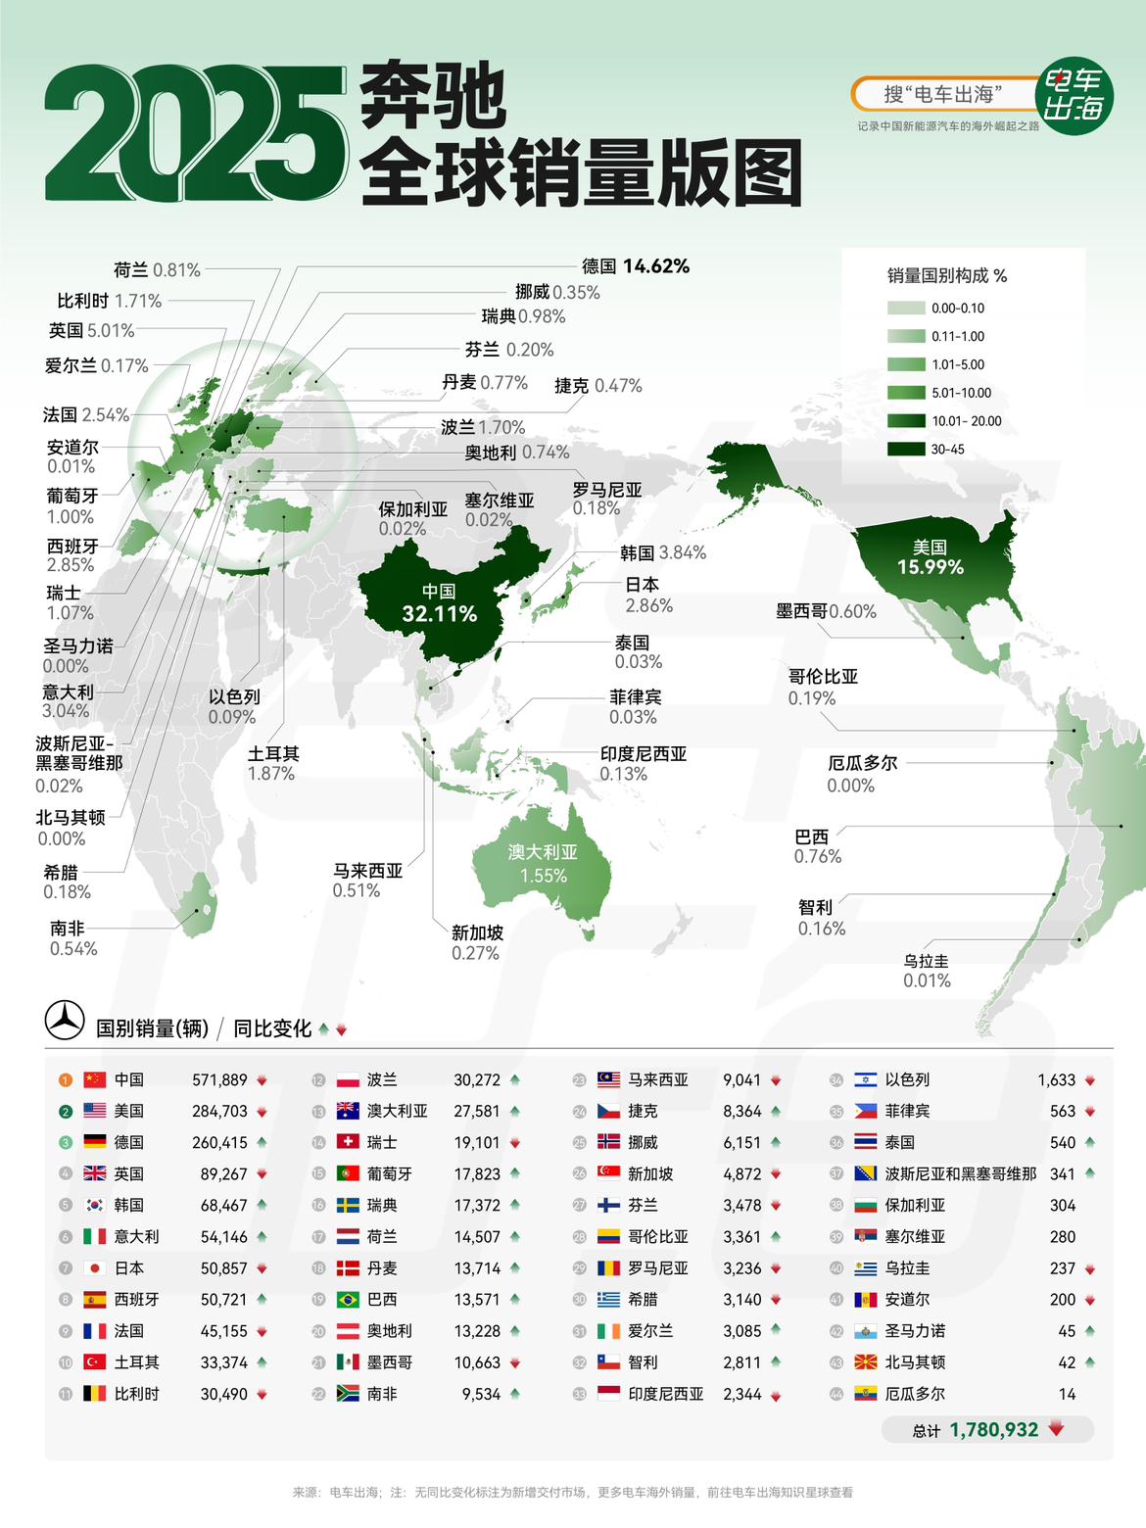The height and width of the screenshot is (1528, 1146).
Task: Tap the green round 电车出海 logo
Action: coord(1074,95)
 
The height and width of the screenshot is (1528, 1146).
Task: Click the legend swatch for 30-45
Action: coord(906,450)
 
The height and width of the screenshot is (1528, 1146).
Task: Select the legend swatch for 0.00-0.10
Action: coord(906,308)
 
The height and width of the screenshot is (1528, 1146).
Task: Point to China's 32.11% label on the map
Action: coord(439,614)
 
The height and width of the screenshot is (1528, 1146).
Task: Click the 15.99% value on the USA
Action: coord(930,567)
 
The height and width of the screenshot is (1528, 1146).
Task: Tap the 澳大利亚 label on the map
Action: coord(543,852)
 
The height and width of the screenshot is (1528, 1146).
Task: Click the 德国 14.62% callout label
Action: coord(635,265)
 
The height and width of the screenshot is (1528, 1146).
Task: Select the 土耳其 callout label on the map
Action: coord(273,753)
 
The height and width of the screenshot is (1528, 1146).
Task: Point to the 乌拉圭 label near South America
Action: coord(926,961)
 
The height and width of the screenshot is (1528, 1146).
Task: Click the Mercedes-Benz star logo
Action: coord(65,1021)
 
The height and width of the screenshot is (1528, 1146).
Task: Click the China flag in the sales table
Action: coord(94,1079)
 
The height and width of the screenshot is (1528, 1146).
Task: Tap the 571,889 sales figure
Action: coord(219,1079)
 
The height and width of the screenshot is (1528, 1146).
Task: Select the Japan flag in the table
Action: coord(94,1267)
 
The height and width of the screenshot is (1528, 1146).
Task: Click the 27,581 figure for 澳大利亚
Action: coord(476,1111)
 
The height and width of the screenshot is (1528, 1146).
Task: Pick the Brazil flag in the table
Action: coord(348,1299)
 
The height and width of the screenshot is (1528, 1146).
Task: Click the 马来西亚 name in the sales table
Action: coord(658,1079)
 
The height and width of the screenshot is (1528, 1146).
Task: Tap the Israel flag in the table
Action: coord(865,1079)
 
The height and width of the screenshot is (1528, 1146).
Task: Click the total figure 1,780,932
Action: coord(993,1429)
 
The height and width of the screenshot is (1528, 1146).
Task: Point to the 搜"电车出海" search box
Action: coord(940,94)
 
